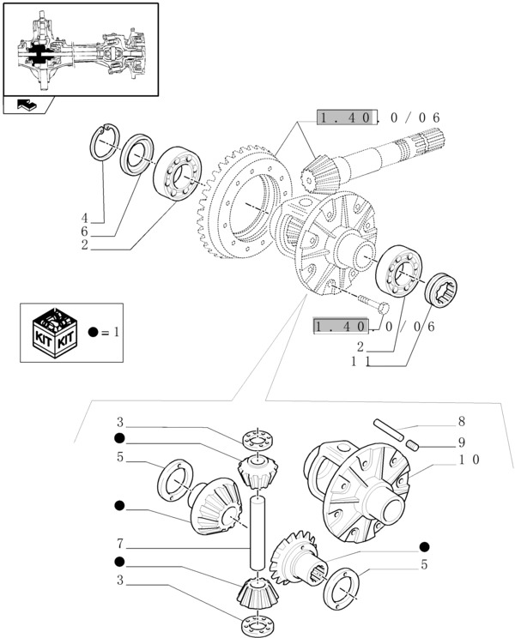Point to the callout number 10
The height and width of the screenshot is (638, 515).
pos(469,459)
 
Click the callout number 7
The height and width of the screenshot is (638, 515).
pos(121,543)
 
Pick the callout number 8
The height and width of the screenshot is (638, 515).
pos(461,422)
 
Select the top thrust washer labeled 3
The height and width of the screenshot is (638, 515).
pos(255,440)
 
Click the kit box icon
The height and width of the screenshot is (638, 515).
pos(53,331)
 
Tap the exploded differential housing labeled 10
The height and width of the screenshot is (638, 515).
pos(360,493)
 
